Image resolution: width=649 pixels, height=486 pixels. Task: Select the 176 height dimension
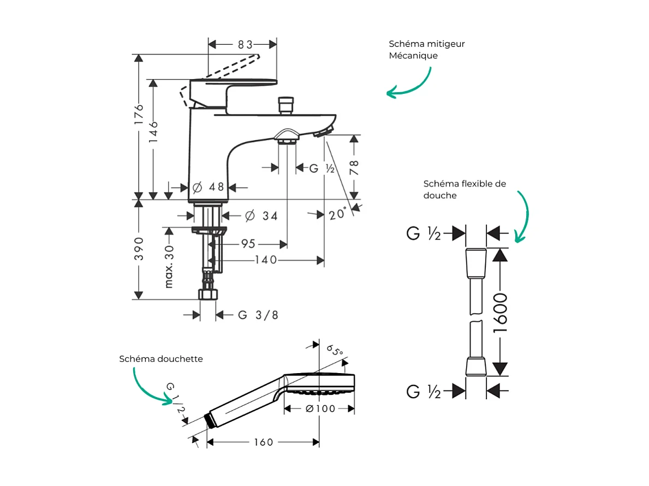coord(139,115)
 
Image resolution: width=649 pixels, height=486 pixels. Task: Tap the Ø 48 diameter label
coord(208,187)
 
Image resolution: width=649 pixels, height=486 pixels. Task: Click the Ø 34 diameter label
coord(261,216)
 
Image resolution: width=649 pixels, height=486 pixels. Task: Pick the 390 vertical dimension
coord(139,249)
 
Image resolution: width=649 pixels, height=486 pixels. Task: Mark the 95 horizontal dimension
coord(248,243)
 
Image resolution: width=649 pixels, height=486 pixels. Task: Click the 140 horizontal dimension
coord(266,260)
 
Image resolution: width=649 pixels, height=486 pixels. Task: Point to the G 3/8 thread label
coord(258,315)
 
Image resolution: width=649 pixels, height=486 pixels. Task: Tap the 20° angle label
coord(337,213)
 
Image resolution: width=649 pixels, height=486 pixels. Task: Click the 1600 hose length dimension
coord(500,313)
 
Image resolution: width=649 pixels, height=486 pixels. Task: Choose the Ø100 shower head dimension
coord(320,409)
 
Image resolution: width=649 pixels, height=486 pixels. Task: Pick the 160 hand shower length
coord(263,442)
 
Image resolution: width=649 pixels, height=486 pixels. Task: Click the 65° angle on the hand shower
coord(334,349)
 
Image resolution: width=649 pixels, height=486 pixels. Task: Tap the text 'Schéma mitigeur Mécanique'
coord(426,50)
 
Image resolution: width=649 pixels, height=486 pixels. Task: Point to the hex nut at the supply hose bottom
coord(207,295)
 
